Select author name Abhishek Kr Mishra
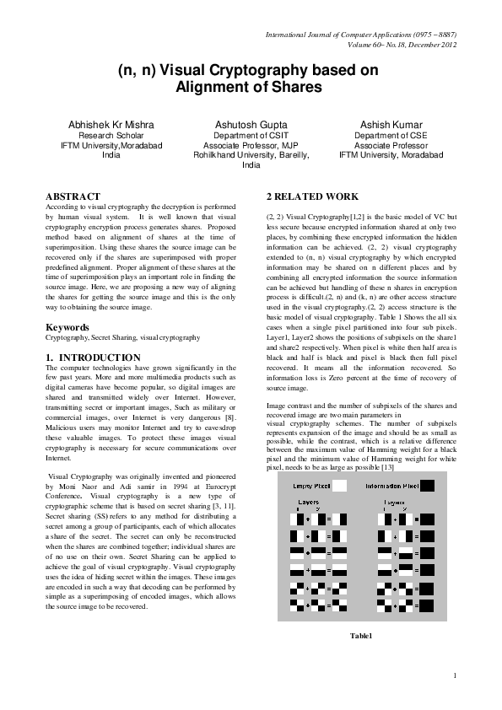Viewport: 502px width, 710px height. point(111,124)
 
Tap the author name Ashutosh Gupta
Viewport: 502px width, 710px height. point(251,124)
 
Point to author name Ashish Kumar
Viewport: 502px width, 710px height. point(389,124)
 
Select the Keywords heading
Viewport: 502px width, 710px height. point(68,326)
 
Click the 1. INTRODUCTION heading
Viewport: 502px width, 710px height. point(93,358)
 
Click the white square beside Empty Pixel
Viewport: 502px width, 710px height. point(339,486)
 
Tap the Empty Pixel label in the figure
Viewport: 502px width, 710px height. point(310,487)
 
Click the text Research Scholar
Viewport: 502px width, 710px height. point(111,135)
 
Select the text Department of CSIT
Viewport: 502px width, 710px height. point(251,135)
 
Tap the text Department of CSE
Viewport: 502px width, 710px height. point(389,135)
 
